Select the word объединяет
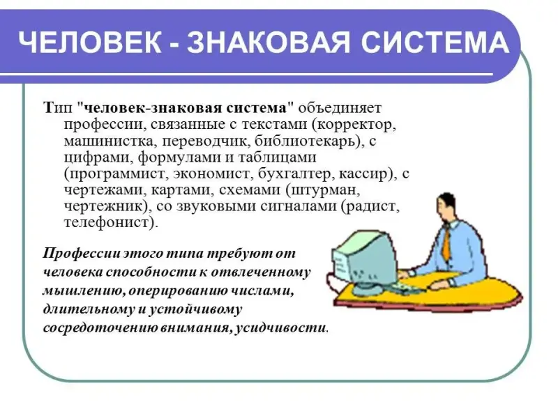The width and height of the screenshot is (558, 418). pyautogui.click(x=340, y=108)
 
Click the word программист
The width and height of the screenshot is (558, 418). pyautogui.click(x=117, y=173)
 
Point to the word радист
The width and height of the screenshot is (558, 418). pyautogui.click(x=371, y=206)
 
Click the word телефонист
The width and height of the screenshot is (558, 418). pyautogui.click(x=107, y=223)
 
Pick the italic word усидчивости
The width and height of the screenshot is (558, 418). pyautogui.click(x=281, y=327)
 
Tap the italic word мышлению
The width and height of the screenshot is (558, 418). pyautogui.click(x=83, y=291)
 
